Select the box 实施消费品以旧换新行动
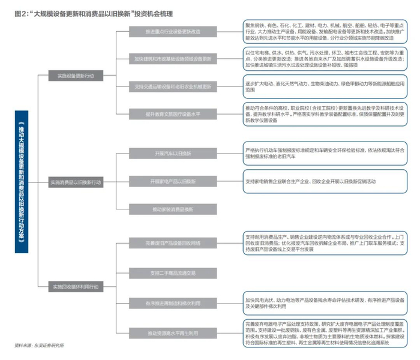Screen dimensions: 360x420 (x=76, y=181)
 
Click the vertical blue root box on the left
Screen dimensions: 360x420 (x=21, y=181)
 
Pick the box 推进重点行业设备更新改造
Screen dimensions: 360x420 (x=171, y=31)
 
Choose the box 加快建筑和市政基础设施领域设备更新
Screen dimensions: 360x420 (x=171, y=59)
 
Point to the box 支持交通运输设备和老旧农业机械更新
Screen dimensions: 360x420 (x=171, y=86)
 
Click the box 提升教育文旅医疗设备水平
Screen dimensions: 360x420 (x=171, y=114)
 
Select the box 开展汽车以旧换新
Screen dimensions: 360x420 (x=171, y=154)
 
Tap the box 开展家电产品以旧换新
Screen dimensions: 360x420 (x=171, y=181)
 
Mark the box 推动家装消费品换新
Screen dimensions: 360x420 (x=171, y=209)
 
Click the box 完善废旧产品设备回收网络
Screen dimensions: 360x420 (x=171, y=243)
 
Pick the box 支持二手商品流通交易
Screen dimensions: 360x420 (x=171, y=273)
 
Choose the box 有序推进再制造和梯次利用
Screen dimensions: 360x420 (x=171, y=302)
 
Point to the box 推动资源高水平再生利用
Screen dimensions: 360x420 (x=171, y=333)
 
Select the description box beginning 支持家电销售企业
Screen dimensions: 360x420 (x=326, y=181)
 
